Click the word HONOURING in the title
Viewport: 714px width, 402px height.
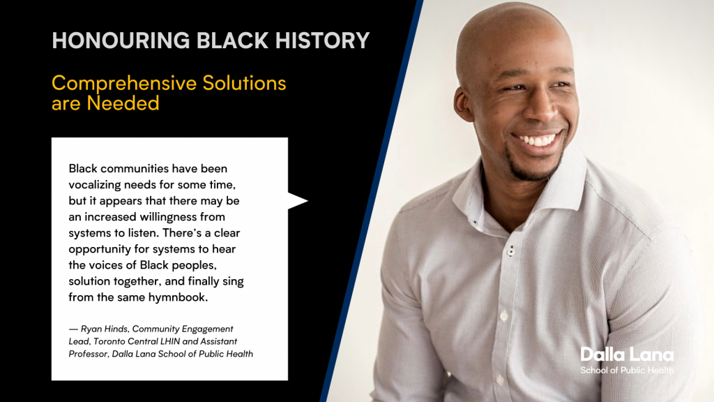pos(121,40)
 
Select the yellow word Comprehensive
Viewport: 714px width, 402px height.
pos(124,84)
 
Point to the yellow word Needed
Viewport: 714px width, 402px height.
pos(123,103)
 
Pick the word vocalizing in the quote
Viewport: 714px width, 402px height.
pos(95,185)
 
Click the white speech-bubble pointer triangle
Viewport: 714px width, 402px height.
pos(297,200)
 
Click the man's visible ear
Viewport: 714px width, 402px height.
pos(464,104)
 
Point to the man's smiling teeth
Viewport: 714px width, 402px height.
pos(537,140)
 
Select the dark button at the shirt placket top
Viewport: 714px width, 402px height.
pos(511,251)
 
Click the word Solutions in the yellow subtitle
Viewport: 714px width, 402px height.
pos(244,83)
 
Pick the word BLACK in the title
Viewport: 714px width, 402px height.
pos(233,40)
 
